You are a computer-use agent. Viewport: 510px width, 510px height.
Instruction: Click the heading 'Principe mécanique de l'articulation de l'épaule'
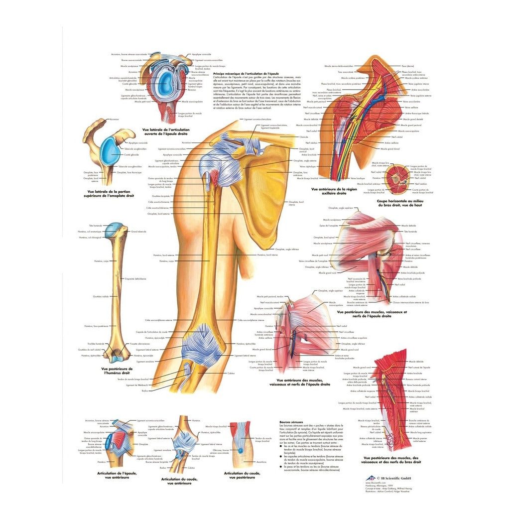[240, 73]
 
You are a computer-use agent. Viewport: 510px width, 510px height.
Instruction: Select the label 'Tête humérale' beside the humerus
[95, 226]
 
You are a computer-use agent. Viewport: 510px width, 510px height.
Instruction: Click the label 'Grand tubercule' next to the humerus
[138, 232]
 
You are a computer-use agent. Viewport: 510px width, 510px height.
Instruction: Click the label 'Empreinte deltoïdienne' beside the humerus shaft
[135, 278]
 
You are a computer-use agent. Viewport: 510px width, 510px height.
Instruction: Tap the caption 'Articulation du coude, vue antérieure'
[177, 481]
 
